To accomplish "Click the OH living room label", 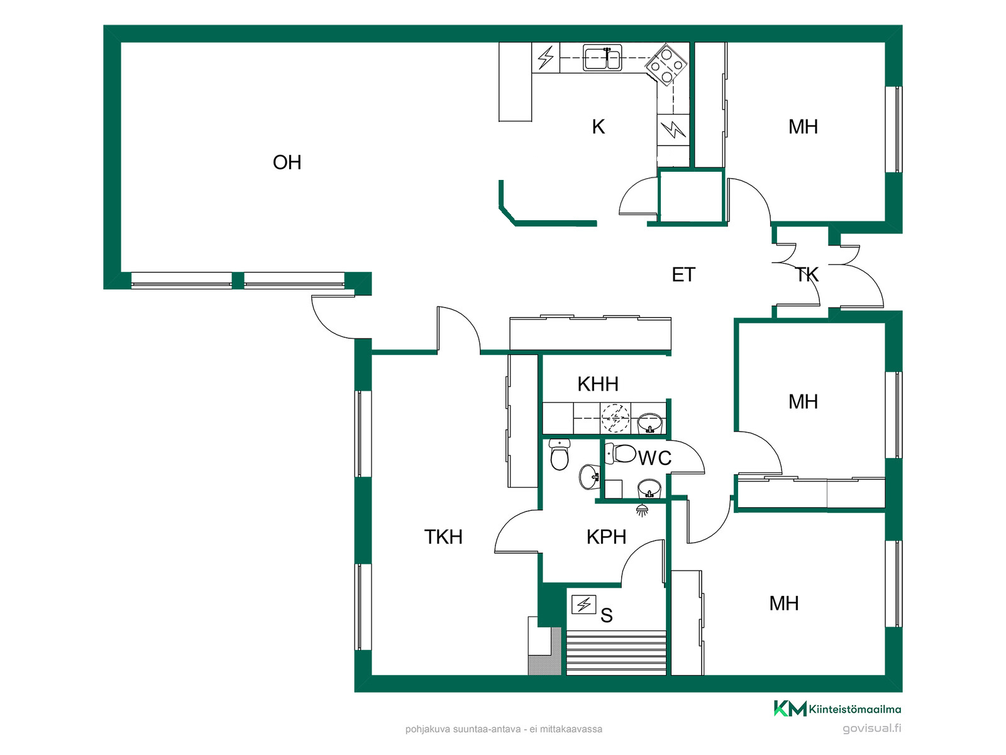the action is [287, 162].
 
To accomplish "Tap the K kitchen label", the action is [598, 126].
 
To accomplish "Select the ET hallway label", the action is [683, 274].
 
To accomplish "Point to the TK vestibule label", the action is [807, 274].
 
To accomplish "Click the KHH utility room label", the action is [598, 384].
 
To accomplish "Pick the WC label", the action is [655, 458].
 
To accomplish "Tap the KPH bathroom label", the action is [606, 537].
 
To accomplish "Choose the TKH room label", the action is [443, 537].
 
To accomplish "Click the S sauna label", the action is [606, 615].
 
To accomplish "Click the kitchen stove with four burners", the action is [666, 65].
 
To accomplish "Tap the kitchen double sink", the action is [602, 57].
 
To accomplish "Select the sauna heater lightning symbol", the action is [583, 604].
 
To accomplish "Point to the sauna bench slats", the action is [616, 652].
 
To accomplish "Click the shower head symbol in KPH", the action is [642, 510].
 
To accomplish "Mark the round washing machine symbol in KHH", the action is [615, 418].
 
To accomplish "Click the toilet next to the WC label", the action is [620, 454].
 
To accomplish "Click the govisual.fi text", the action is [871, 729].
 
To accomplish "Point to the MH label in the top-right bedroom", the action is [802, 127].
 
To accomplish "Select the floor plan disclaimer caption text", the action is [503, 729].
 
